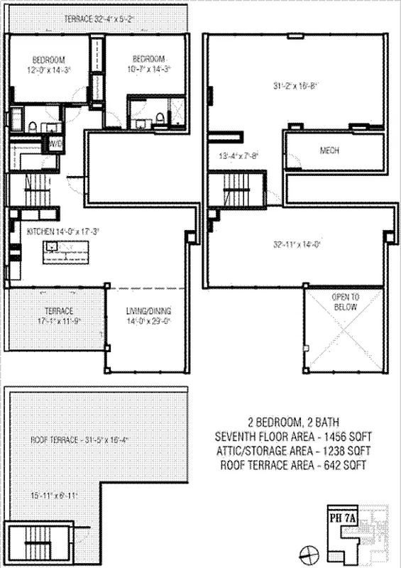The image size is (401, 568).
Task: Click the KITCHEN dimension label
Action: click(x=62, y=231)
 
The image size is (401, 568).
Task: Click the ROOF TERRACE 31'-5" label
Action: click(x=75, y=439)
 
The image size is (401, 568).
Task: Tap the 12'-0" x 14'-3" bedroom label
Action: click(x=48, y=65)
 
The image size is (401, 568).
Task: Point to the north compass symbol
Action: click(x=307, y=552)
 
